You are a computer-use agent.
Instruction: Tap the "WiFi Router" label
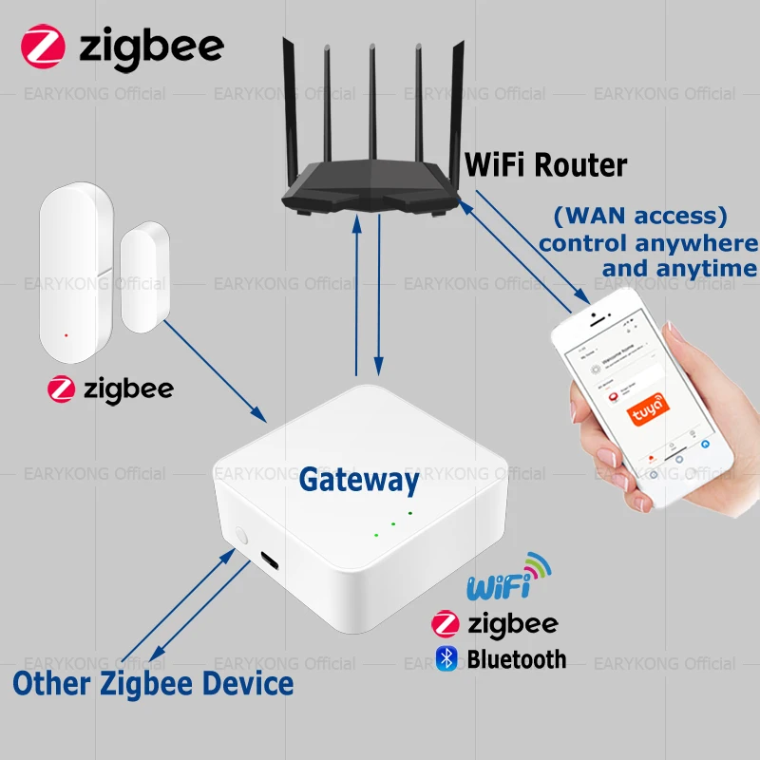point(545,165)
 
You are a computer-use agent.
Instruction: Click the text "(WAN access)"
point(646,216)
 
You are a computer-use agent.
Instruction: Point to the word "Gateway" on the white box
point(358,480)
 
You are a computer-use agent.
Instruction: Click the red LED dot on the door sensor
point(65,335)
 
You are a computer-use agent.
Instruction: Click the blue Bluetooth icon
point(445,657)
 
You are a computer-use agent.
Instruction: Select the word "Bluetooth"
point(516,658)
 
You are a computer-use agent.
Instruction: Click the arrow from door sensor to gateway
point(215,371)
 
